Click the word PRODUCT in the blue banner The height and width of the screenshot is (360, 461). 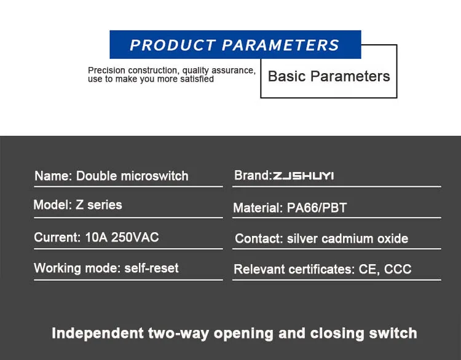(173, 45)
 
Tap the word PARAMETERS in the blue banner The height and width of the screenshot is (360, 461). (280, 45)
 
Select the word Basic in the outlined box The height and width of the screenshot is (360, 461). (287, 76)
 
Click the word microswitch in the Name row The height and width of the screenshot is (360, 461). (155, 176)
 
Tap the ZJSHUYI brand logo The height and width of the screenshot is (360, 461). (303, 176)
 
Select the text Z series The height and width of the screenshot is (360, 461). (99, 205)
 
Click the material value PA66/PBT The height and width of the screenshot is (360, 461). (317, 208)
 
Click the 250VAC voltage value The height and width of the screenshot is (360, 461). (135, 237)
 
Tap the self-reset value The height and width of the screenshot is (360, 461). (151, 268)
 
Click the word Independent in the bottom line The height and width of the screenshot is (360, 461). (98, 334)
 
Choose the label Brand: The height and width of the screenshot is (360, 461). (253, 176)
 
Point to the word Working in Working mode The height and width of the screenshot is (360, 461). (57, 268)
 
